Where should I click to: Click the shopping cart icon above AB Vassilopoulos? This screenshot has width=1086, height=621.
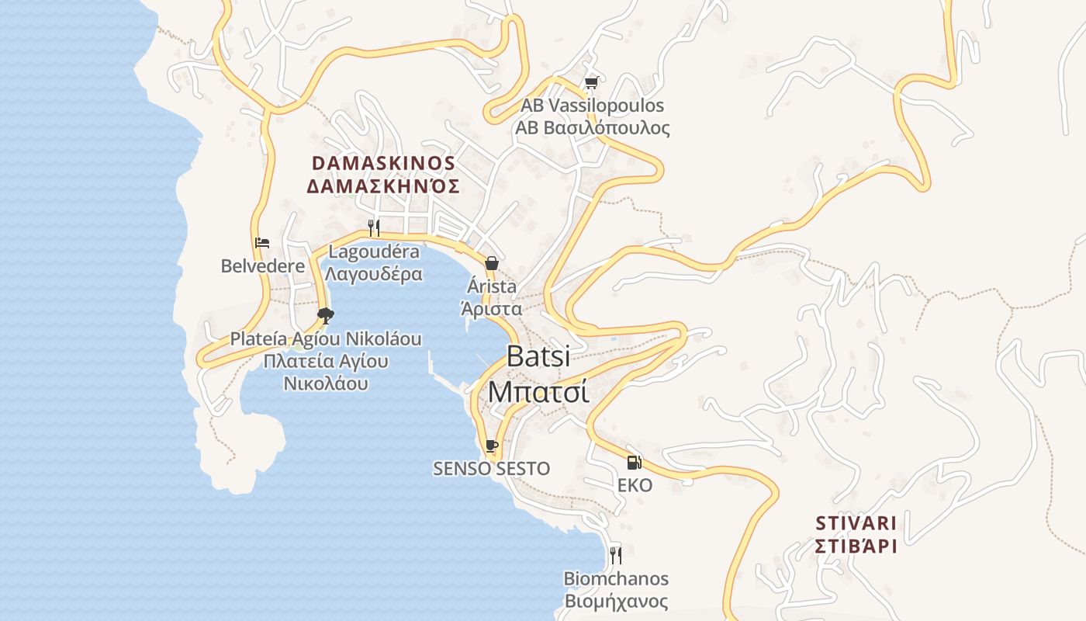pyautogui.click(x=592, y=82)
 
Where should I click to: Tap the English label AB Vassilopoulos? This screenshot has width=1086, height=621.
pyautogui.click(x=592, y=106)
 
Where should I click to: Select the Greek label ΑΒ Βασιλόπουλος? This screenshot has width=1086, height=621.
pyautogui.click(x=592, y=128)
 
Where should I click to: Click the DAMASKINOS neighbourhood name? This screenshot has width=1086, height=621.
pyautogui.click(x=383, y=163)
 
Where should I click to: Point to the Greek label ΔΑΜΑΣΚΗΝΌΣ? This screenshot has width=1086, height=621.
pyautogui.click(x=383, y=186)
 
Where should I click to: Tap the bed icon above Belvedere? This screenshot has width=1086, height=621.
pyautogui.click(x=261, y=243)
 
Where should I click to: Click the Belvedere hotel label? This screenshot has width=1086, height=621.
pyautogui.click(x=263, y=266)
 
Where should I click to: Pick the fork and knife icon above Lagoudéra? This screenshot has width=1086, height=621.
pyautogui.click(x=374, y=227)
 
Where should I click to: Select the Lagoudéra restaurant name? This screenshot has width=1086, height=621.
pyautogui.click(x=374, y=252)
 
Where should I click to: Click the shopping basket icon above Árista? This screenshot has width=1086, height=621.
pyautogui.click(x=492, y=263)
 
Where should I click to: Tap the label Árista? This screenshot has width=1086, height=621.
pyautogui.click(x=492, y=286)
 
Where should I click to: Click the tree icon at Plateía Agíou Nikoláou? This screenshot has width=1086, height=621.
pyautogui.click(x=326, y=315)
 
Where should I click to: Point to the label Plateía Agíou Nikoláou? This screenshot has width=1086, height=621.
pyautogui.click(x=326, y=339)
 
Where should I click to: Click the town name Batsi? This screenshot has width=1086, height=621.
pyautogui.click(x=538, y=356)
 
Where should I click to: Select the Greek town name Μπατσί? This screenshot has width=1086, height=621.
pyautogui.click(x=538, y=391)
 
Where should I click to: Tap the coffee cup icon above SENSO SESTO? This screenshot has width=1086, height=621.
pyautogui.click(x=491, y=446)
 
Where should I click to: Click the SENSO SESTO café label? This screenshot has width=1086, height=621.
pyautogui.click(x=491, y=469)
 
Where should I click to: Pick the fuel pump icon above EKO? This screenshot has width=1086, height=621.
pyautogui.click(x=635, y=463)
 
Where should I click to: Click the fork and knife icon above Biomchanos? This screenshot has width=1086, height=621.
pyautogui.click(x=616, y=555)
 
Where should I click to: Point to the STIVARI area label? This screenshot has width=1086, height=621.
pyautogui.click(x=856, y=522)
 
